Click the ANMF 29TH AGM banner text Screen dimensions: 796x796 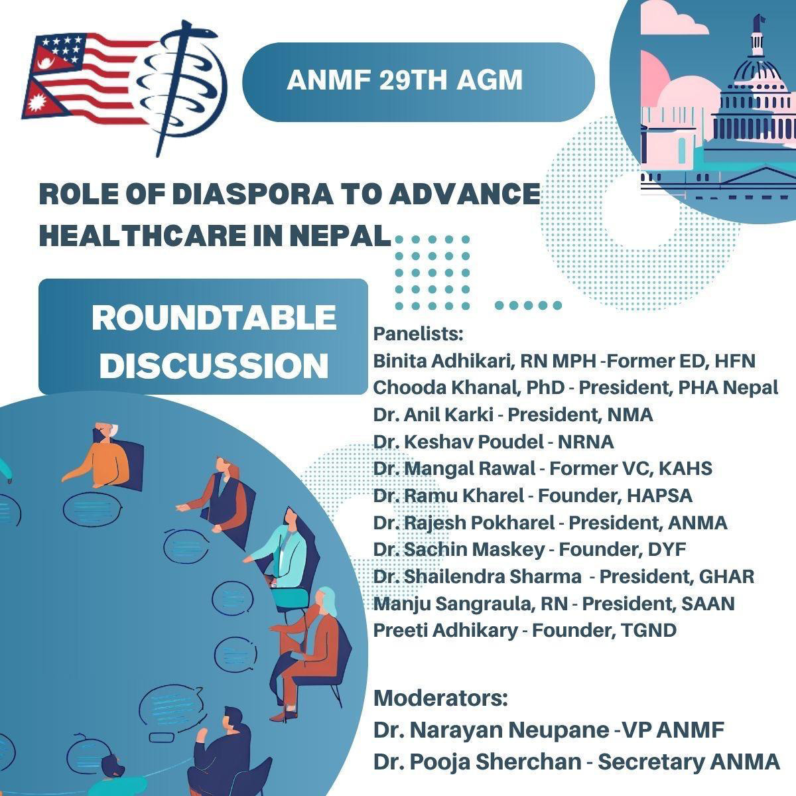pos(405,80)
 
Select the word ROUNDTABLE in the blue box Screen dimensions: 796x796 pos(214,318)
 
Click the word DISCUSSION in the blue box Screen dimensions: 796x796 pos(214,365)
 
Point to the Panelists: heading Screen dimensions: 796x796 pos(418,334)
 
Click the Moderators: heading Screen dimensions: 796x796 pos(440,698)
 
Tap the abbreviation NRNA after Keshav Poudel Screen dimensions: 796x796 pos(586,442)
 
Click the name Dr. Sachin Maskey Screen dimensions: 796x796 pos(459,549)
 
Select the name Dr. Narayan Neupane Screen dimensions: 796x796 pos(491,730)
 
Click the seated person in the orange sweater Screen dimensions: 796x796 pos(105,457)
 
